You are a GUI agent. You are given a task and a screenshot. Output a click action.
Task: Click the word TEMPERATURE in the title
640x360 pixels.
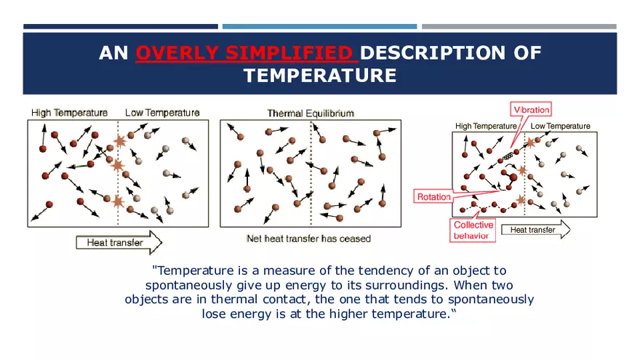[320, 76]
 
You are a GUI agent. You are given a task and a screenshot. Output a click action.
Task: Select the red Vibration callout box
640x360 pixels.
[532, 109]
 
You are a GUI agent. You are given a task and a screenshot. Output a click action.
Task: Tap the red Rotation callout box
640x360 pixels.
[434, 196]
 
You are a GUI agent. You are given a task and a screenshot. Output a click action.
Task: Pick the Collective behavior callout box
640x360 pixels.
[473, 230]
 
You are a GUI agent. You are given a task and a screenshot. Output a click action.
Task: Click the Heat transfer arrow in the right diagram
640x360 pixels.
[536, 230]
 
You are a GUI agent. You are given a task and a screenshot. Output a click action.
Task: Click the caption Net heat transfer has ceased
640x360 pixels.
[308, 239]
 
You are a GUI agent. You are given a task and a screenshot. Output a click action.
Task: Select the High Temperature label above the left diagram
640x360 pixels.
[69, 113]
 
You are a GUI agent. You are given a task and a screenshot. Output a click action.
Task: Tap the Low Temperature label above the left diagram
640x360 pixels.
[162, 113]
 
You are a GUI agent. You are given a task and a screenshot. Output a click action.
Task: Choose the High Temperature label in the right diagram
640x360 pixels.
[485, 126]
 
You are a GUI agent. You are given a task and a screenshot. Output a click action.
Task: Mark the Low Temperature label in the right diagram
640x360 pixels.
[561, 126]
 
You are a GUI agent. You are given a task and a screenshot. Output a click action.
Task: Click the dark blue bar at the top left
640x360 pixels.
[120, 27]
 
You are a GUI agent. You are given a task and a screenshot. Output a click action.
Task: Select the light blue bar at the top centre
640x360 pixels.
[319, 27]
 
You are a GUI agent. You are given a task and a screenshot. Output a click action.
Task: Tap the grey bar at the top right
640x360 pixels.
[519, 27]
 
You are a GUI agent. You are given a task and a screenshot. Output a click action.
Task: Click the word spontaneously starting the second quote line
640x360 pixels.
[191, 284]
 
